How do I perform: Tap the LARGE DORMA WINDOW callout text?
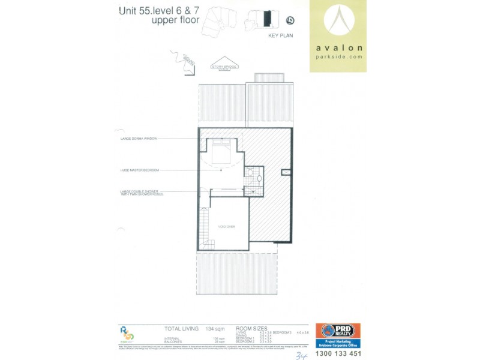tap(138, 139)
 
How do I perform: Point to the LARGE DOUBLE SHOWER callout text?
tap(141, 193)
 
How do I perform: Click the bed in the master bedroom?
tap(221, 151)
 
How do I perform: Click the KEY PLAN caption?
tap(279, 36)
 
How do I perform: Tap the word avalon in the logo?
tap(339, 47)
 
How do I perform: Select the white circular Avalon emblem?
tap(339, 21)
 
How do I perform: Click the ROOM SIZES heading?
tap(251, 329)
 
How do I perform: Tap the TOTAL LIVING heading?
tap(181, 329)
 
